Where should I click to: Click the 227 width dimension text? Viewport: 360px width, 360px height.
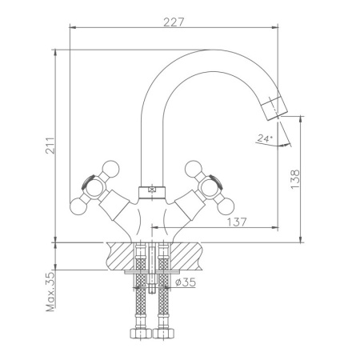[x=174, y=22]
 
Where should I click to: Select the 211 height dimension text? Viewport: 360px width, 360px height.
[x=49, y=144]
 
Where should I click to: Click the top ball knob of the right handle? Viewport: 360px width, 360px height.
[x=193, y=167]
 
